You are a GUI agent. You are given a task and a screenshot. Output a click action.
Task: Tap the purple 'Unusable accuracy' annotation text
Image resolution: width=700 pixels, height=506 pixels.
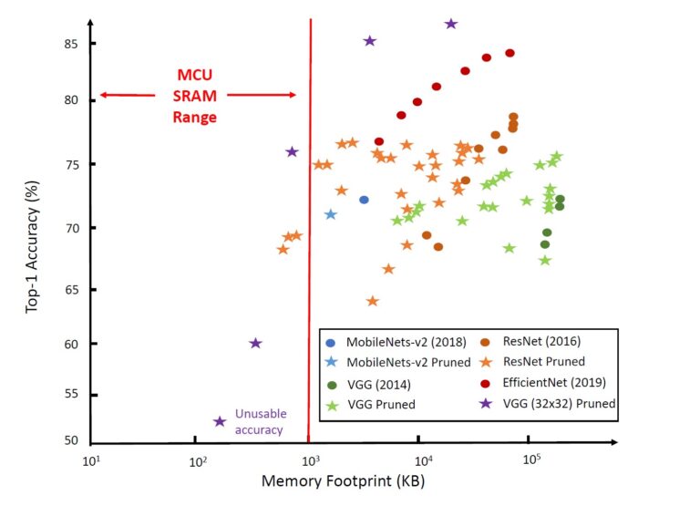click(260, 420)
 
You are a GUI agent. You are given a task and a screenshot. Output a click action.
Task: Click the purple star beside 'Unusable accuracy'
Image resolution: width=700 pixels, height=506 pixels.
click(220, 421)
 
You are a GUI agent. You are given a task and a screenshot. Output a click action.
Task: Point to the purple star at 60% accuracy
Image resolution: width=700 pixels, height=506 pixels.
click(255, 344)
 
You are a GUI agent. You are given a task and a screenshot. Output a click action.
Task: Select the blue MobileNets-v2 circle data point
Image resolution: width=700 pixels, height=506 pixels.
click(364, 200)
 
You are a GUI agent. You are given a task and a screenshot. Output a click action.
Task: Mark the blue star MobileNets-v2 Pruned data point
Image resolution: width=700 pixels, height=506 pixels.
click(331, 214)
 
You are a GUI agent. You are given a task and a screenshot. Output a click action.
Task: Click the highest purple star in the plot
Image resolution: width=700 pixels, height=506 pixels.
click(450, 24)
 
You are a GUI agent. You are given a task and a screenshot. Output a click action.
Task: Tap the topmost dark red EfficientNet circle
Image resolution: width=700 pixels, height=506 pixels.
click(510, 53)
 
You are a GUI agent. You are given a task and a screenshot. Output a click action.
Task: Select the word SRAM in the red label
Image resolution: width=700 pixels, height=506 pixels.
click(198, 98)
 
